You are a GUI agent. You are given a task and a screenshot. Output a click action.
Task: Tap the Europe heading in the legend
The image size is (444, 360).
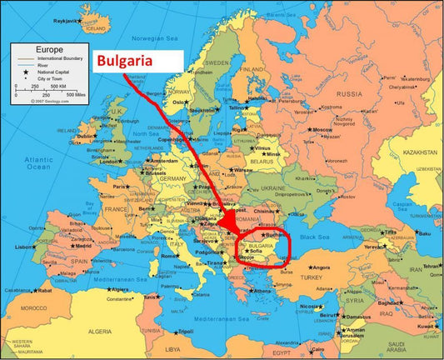click(27, 49)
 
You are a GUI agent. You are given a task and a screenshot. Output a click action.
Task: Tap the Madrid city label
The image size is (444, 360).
click(82, 246)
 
